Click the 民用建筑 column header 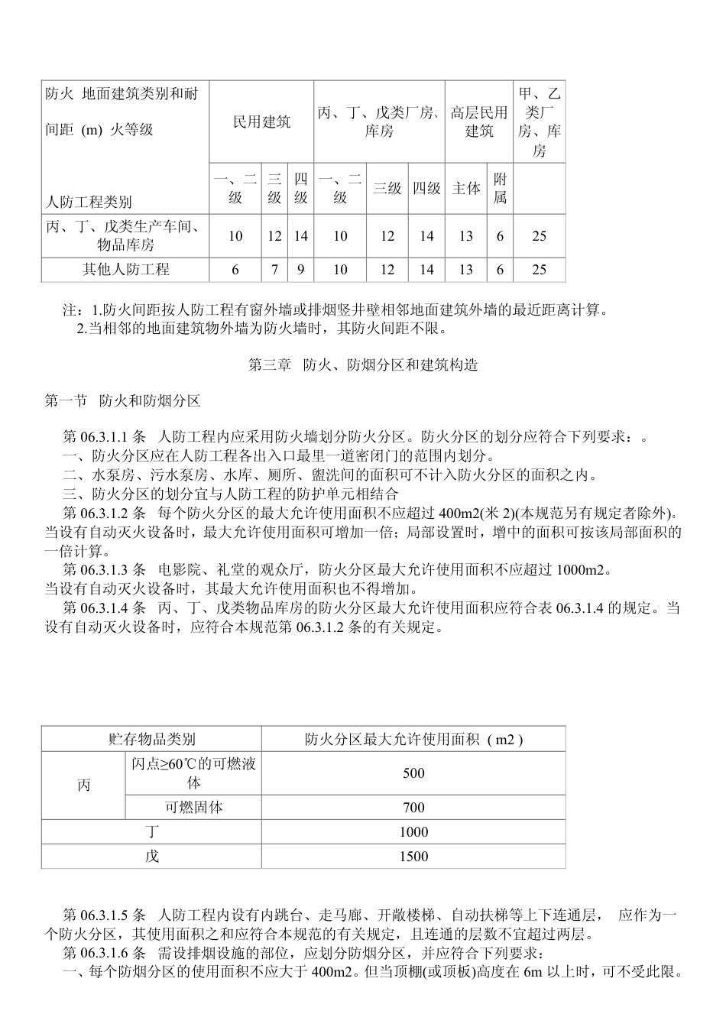pos(261,122)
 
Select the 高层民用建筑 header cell pos(479,122)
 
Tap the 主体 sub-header pos(466,189)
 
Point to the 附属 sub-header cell pos(500,189)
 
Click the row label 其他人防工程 pos(126,270)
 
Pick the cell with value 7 pos(274,270)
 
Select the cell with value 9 pos(301,270)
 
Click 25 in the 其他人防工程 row pos(539,270)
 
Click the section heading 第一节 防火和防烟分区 pos(122,400)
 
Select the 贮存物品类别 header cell pos(151,739)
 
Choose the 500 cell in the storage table pos(413,773)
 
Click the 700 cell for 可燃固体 pos(413,808)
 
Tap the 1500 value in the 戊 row pos(413,857)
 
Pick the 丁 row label pos(151,832)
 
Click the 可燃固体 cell pos(193,808)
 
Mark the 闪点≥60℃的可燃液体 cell pos(193,773)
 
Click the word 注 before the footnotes pos(69,311)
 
